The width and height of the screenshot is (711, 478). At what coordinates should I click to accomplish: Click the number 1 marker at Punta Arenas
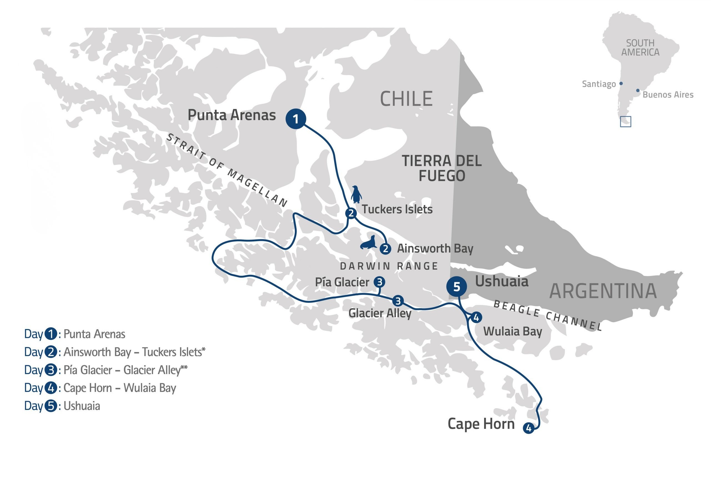pyautogui.click(x=296, y=119)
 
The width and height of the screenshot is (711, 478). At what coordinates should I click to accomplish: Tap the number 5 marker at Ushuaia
pyautogui.click(x=456, y=287)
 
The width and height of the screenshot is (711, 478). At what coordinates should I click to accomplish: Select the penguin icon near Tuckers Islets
pyautogui.click(x=356, y=195)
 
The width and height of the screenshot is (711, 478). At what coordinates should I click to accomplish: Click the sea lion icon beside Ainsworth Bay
pyautogui.click(x=368, y=243)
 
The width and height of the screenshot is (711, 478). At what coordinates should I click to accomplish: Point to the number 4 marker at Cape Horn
pyautogui.click(x=529, y=428)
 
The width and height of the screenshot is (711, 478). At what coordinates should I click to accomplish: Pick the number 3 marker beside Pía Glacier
pyautogui.click(x=379, y=282)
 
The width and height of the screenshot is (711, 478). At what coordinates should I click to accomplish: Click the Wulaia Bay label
pyautogui.click(x=512, y=331)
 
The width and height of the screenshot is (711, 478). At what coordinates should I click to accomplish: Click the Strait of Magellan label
pyautogui.click(x=227, y=171)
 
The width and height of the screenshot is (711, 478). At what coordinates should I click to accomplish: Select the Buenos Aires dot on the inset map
pyautogui.click(x=638, y=91)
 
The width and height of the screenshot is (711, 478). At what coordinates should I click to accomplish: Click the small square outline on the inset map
pyautogui.click(x=625, y=122)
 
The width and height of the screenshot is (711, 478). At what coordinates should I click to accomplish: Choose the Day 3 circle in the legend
pyautogui.click(x=51, y=370)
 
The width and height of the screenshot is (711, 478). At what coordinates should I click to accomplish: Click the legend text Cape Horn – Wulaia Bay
pyautogui.click(x=119, y=388)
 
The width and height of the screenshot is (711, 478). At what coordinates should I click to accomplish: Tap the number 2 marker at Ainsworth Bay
pyautogui.click(x=385, y=249)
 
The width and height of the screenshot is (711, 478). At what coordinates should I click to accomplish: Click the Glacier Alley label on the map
pyautogui.click(x=380, y=313)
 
